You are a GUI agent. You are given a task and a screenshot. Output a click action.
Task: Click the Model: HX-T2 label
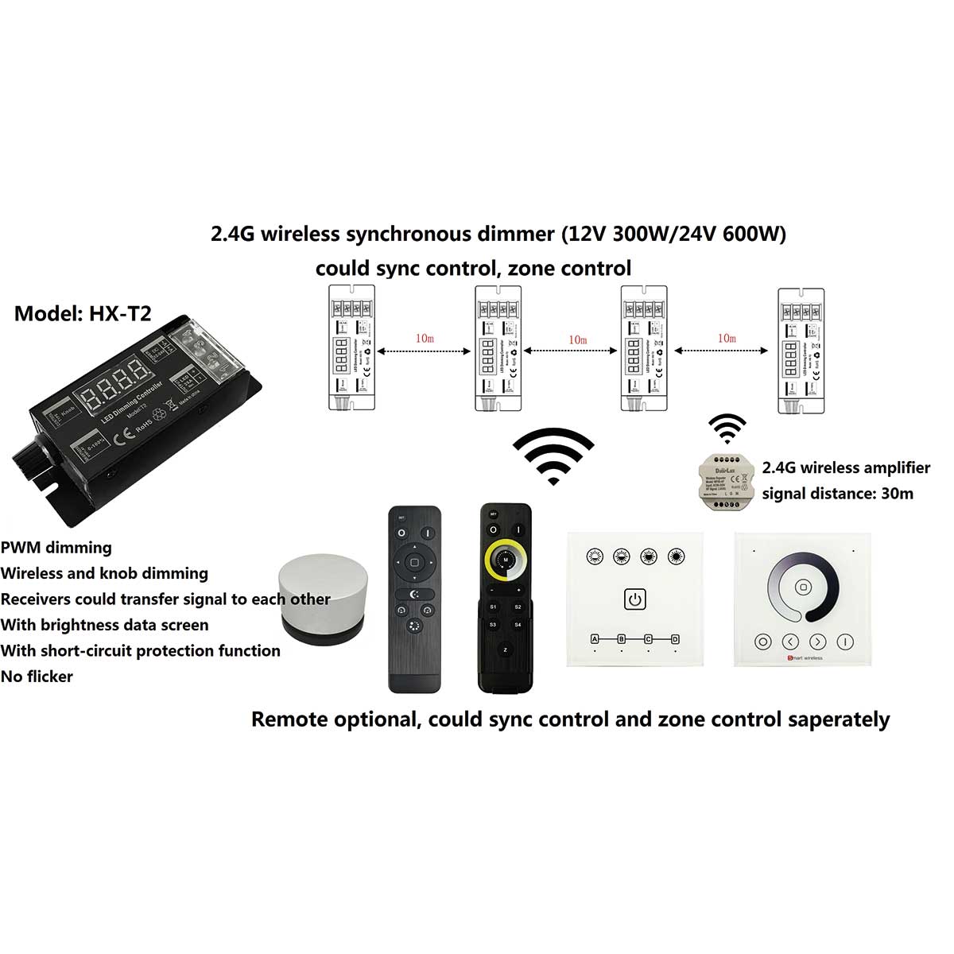(x=83, y=313)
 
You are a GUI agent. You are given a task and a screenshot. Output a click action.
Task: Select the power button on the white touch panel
(x=634, y=598)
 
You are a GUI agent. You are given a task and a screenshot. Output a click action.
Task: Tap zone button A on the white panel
(x=595, y=639)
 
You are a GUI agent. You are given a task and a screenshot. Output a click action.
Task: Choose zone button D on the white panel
(x=675, y=639)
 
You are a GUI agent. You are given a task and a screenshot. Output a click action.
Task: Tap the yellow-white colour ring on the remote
(x=504, y=560)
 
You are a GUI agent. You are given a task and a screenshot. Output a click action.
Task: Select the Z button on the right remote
(x=505, y=650)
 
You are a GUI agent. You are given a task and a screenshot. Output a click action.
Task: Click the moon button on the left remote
(x=413, y=594)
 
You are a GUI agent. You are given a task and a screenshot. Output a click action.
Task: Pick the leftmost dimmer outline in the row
(x=351, y=348)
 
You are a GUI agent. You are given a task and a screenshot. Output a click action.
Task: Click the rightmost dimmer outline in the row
(x=800, y=350)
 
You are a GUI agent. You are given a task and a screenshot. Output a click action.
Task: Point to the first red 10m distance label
(x=425, y=338)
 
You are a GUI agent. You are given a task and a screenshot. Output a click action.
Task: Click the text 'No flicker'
(x=37, y=677)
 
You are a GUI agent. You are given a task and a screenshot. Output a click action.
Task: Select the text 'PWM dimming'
(x=56, y=547)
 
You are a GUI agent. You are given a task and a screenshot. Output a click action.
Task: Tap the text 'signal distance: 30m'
(x=837, y=494)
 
